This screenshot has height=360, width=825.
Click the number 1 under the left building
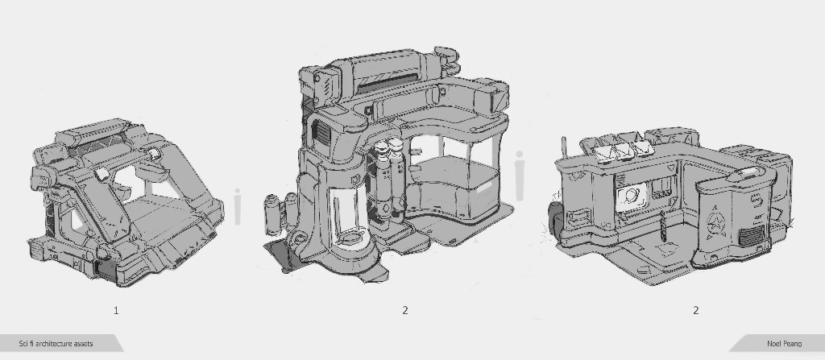click(x=116, y=311)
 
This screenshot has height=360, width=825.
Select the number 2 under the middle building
click(x=405, y=311)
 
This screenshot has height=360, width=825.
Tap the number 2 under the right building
click(x=695, y=311)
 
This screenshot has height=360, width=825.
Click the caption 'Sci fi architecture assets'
click(x=56, y=344)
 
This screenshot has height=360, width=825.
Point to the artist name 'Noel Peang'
click(x=784, y=344)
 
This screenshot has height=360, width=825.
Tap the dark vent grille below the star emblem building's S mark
click(x=751, y=236)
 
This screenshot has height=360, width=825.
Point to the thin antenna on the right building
click(x=564, y=150)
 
